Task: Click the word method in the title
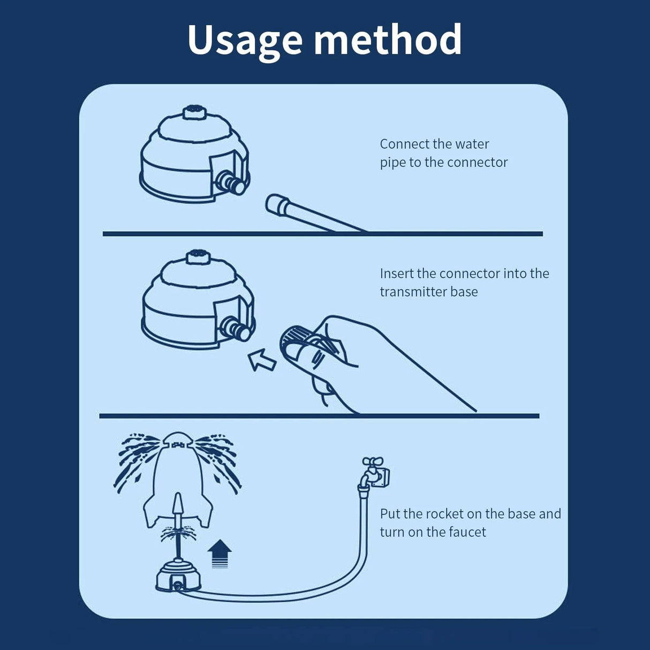point(388,40)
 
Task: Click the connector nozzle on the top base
point(232,183)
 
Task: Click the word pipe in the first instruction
point(392,162)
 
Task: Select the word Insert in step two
point(397,274)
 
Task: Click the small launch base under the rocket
point(178,576)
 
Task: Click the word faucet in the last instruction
point(468,532)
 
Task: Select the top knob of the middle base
point(196,257)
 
